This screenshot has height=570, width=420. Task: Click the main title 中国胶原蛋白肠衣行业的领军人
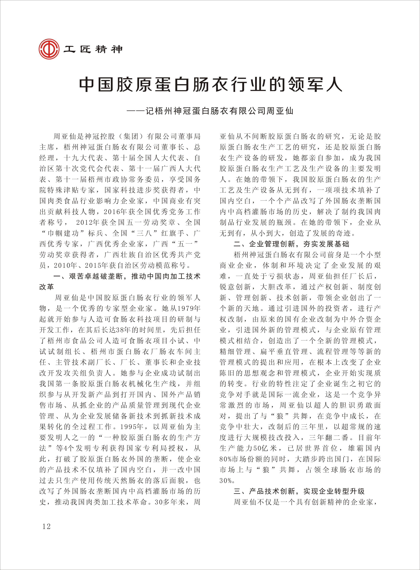211,84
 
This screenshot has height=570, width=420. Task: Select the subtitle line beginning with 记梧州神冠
219,111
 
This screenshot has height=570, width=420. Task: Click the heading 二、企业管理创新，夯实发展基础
291,244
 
